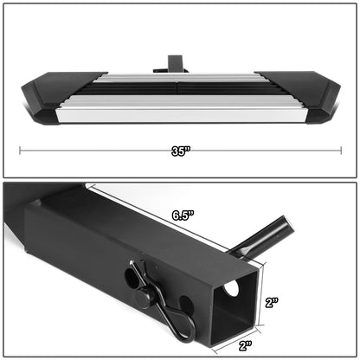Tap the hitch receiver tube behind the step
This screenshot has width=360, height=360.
(x=170, y=63)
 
